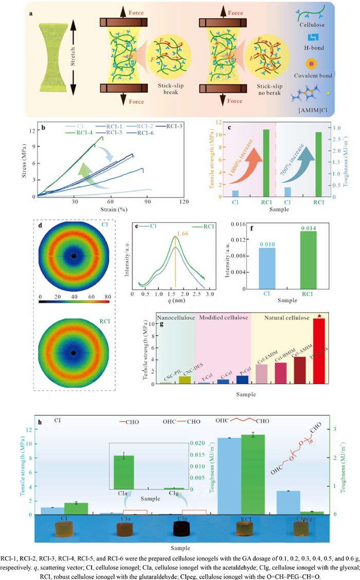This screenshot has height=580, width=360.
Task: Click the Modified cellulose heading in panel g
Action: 224,318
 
